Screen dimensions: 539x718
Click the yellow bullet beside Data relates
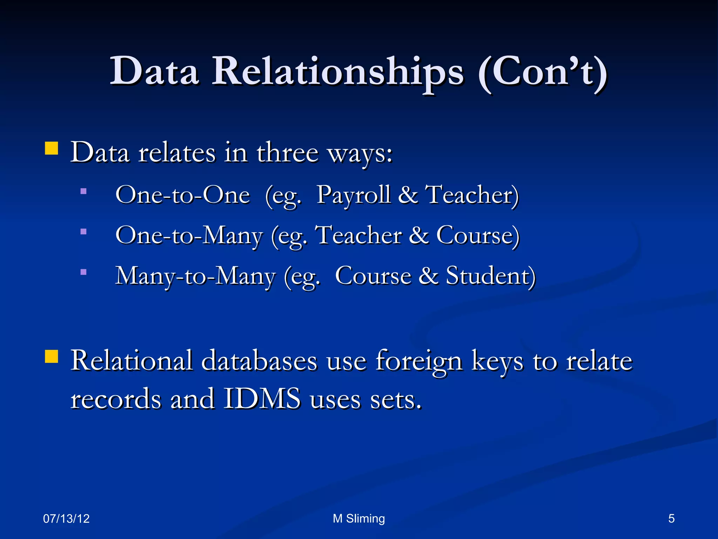[52, 148]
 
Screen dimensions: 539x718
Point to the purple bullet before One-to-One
[83, 191]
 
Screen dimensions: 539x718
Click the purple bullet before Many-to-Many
[83, 272]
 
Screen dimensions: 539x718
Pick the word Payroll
[353, 195]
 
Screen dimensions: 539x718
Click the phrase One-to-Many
[189, 235]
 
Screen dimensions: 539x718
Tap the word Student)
[490, 276]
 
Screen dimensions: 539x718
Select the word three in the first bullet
[287, 153]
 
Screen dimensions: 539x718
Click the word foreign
[419, 361]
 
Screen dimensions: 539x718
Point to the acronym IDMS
[262, 399]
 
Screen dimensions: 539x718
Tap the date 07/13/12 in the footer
[66, 519]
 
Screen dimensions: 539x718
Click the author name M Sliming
[359, 519]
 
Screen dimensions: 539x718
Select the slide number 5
[671, 519]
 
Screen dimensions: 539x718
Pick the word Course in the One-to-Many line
[477, 235]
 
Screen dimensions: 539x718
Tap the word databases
[259, 361]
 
